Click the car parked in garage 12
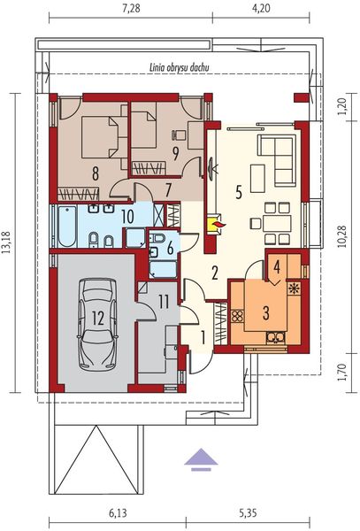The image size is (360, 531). (x=98, y=324)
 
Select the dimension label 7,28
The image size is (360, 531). (x=131, y=8)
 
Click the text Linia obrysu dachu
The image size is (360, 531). (x=179, y=67)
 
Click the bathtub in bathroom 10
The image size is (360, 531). (x=66, y=226)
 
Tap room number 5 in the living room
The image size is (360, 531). (x=239, y=193)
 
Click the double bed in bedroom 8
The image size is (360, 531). (x=100, y=137)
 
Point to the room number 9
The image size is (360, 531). (x=175, y=154)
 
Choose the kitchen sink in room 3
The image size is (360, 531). (x=276, y=338)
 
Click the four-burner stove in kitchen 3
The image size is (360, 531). (x=237, y=316)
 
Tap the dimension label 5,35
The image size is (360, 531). (x=248, y=513)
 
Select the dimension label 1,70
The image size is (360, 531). (x=342, y=373)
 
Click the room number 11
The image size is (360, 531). (x=164, y=302)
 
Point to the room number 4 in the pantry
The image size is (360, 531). (x=277, y=267)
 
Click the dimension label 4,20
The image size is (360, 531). (x=261, y=8)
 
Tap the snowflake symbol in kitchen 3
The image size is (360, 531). (x=294, y=289)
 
